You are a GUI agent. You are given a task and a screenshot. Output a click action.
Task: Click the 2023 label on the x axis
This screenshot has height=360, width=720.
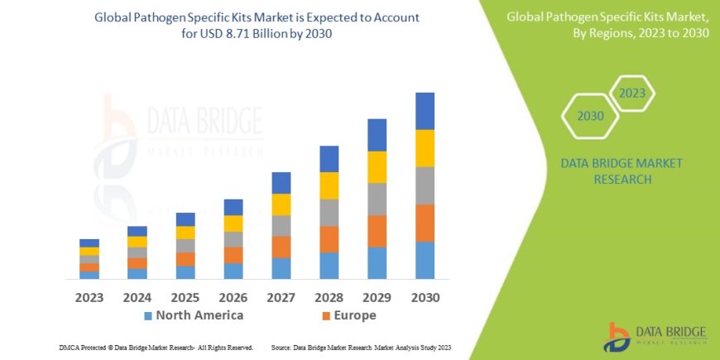[89, 296]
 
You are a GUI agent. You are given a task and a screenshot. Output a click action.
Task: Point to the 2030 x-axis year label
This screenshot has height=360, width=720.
[425, 296]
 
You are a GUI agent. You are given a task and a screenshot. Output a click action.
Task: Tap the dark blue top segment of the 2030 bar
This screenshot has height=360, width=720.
[425, 111]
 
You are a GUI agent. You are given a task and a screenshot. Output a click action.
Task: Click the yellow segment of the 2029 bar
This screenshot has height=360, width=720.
[377, 167]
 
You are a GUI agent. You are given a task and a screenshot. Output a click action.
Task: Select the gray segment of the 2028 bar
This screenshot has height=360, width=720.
[329, 213]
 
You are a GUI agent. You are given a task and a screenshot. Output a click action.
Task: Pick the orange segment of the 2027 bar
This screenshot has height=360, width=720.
[281, 247]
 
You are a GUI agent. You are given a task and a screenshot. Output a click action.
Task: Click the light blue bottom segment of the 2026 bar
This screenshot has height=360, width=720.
[233, 271]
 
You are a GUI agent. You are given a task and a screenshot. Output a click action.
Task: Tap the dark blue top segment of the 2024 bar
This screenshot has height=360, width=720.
[137, 231]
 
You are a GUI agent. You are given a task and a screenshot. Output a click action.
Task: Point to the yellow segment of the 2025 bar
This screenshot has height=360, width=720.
[185, 233]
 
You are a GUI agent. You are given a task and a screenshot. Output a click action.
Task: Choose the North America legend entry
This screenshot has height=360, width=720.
[194, 315]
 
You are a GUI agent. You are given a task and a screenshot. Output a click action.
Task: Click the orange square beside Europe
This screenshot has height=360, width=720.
[326, 316]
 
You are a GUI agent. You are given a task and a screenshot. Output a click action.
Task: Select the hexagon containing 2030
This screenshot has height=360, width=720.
[590, 116]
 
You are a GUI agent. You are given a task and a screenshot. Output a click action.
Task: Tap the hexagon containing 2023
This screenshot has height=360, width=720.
[631, 94]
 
